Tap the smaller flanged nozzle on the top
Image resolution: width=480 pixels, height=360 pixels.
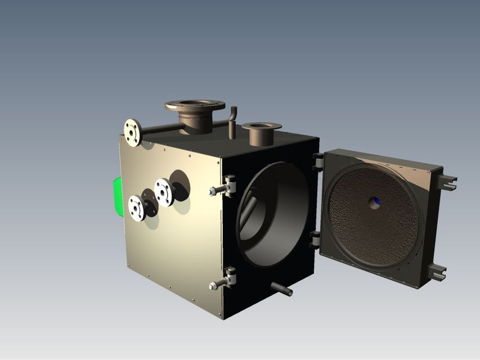pyautogui.click(x=261, y=133)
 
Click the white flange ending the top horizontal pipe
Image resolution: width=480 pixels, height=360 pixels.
pyautogui.click(x=133, y=133)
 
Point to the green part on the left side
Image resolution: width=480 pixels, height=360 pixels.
pyautogui.click(x=117, y=196)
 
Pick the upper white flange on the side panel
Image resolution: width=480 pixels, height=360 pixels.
pyautogui.click(x=164, y=192)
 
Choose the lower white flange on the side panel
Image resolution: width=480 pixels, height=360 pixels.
pyautogui.click(x=137, y=208)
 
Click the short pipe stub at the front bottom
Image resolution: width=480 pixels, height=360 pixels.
pyautogui.click(x=282, y=290)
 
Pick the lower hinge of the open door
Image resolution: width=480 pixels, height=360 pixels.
pyautogui.click(x=315, y=239)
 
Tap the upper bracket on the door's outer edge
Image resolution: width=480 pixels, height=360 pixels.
pyautogui.click(x=448, y=181)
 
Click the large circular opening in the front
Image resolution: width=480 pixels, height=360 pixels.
pyautogui.click(x=276, y=214)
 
